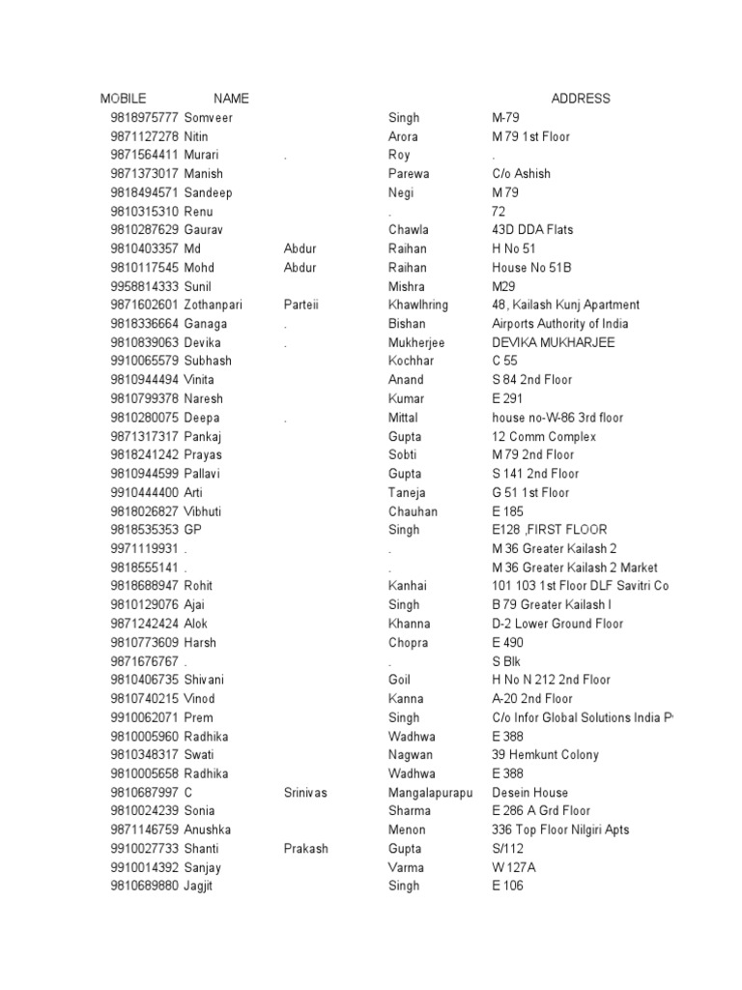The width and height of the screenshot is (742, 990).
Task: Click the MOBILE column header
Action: tap(123, 99)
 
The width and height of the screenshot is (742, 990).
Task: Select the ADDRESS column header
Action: tap(581, 99)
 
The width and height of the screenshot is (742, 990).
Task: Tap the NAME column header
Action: tap(231, 99)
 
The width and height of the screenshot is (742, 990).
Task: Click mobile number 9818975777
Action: tap(144, 118)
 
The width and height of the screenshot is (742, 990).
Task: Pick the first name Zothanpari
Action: tap(218, 305)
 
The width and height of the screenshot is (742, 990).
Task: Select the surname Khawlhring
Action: tap(418, 305)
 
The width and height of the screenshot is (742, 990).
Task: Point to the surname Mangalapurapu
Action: tap(431, 793)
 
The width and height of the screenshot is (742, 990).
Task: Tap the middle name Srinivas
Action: tap(305, 793)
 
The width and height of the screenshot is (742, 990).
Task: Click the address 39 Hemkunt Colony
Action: tap(545, 755)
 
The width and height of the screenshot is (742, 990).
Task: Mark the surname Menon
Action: tap(406, 830)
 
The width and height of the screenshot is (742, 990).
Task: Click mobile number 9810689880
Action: tap(144, 886)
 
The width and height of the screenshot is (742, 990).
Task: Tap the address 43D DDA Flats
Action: tap(532, 230)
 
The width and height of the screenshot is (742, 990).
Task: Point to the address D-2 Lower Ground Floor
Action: tap(556, 624)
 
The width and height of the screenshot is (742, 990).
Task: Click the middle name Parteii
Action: tap(300, 305)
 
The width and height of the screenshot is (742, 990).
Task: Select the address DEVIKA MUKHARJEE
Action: tap(553, 342)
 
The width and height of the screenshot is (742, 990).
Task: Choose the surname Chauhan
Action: tap(413, 511)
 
